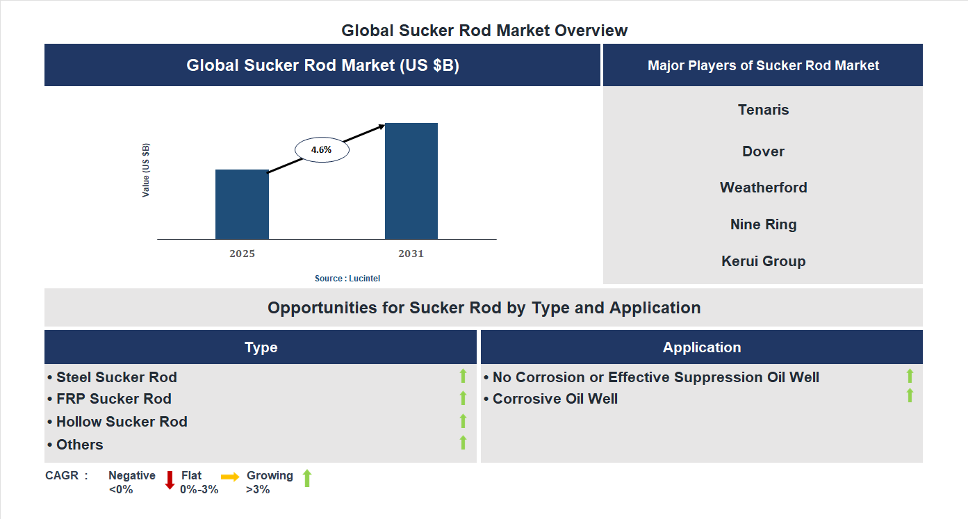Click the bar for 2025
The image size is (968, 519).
tap(242, 204)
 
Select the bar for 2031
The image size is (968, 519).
tap(411, 181)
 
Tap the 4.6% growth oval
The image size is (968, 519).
tap(322, 150)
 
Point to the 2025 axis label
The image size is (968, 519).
tap(242, 254)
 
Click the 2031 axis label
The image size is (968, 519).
tap(411, 254)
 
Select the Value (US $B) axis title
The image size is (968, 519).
tap(146, 170)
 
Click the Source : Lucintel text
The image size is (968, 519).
tap(347, 278)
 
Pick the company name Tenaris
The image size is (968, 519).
tap(763, 110)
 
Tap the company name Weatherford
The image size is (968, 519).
tap(763, 188)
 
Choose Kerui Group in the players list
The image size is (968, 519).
tap(763, 261)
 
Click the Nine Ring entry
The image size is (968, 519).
tap(763, 224)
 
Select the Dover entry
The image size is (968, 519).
tap(763, 151)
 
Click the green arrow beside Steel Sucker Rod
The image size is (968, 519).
tap(463, 377)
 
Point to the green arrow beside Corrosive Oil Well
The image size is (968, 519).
tap(910, 396)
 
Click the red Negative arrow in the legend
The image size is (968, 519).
tap(170, 480)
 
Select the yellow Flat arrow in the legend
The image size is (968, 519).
tap(230, 477)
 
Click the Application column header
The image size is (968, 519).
tap(701, 347)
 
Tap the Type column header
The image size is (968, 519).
tap(261, 347)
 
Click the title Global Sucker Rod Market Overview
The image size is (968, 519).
tap(484, 31)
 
